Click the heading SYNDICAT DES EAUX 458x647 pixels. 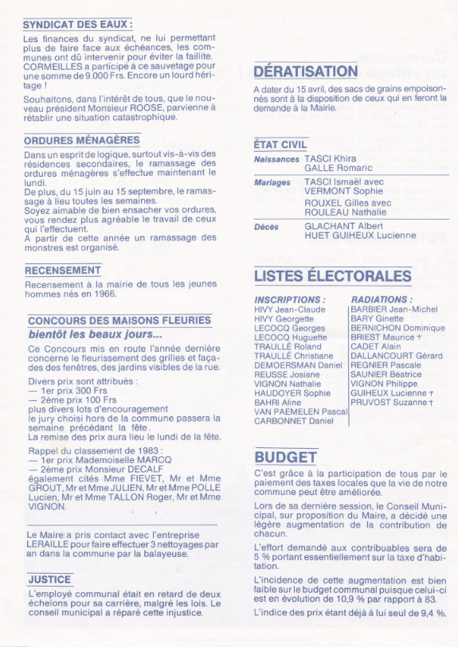click(x=77, y=25)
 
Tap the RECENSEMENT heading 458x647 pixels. click(x=64, y=271)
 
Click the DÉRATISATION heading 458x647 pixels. click(x=306, y=72)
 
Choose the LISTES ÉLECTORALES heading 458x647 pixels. click(x=332, y=277)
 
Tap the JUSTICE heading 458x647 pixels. click(x=49, y=579)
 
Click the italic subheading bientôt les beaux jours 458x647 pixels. click(x=95, y=334)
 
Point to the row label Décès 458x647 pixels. click(x=266, y=226)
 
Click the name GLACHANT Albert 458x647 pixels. click(x=344, y=226)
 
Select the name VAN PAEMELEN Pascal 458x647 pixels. click(x=301, y=411)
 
